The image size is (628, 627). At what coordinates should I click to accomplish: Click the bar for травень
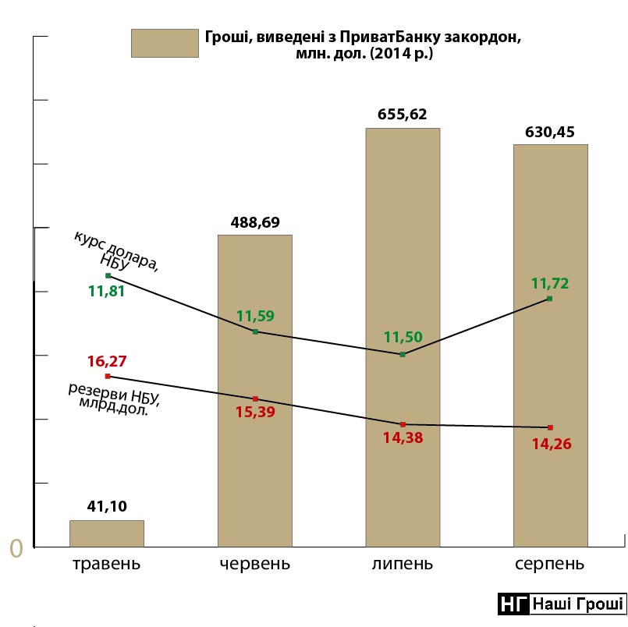pyautogui.click(x=107, y=533)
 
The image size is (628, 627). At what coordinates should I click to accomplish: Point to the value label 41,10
pyautogui.click(x=107, y=507)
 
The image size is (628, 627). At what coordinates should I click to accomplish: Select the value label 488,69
pyautogui.click(x=254, y=222)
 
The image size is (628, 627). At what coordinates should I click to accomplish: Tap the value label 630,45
pyautogui.click(x=550, y=132)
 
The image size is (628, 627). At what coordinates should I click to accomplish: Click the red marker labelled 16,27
pyautogui.click(x=108, y=376)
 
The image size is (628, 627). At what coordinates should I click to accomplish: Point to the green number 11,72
pyautogui.click(x=550, y=283)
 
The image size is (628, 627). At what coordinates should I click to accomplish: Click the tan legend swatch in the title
pyautogui.click(x=165, y=43)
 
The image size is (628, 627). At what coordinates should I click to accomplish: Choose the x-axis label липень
pyautogui.click(x=403, y=564)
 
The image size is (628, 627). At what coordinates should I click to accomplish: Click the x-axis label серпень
pyautogui.click(x=550, y=564)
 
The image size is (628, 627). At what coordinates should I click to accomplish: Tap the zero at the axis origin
pyautogui.click(x=16, y=548)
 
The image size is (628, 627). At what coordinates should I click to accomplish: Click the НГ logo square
pyautogui.click(x=513, y=604)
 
